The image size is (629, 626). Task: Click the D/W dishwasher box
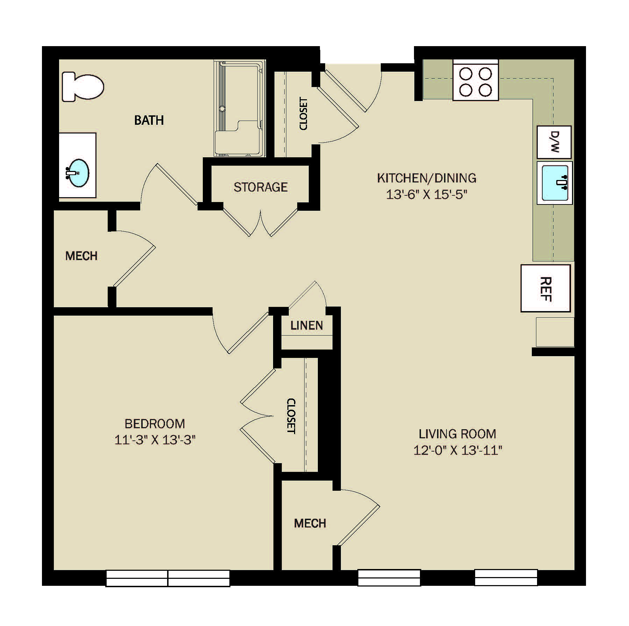tap(554, 142)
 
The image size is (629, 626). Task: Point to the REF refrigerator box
tap(545, 288)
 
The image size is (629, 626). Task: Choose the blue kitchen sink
tap(555, 182)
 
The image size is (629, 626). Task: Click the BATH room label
tap(149, 120)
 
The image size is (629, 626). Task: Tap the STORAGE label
tap(260, 187)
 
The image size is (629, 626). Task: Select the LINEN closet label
tap(307, 326)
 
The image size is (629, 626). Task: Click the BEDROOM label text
tap(155, 424)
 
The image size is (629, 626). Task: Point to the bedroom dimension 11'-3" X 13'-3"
tap(155, 440)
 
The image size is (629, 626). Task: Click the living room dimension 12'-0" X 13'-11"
tap(458, 450)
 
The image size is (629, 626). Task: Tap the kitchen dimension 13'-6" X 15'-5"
tap(427, 194)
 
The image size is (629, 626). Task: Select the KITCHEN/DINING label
tap(427, 178)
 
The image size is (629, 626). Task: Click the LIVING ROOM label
tap(458, 434)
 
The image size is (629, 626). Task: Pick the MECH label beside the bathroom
tap(81, 256)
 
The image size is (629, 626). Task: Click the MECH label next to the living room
tap(310, 523)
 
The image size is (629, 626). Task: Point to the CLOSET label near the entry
tap(303, 114)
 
